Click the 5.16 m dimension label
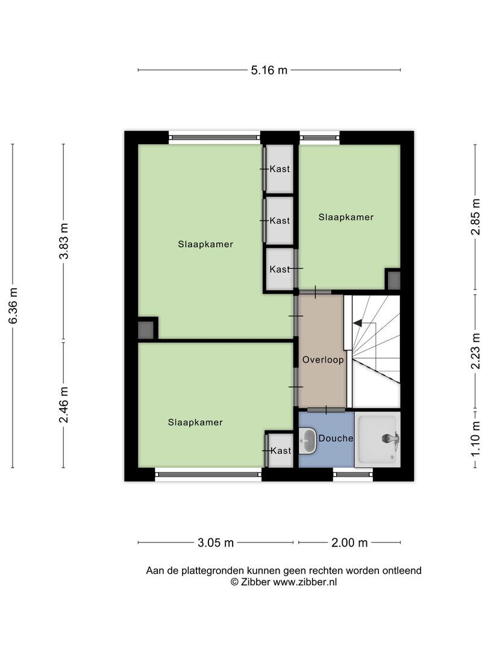click(269, 70)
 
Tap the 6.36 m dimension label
click(13, 306)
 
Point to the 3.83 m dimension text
click(63, 241)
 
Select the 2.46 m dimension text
click(63, 405)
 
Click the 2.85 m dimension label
click(475, 217)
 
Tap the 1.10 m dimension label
click(475, 438)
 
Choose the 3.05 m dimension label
click(215, 542)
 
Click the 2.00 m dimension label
click(349, 542)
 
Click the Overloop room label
click(323, 359)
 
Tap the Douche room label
click(336, 438)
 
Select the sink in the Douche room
click(307, 441)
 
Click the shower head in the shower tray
click(390, 438)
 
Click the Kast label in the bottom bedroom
click(281, 450)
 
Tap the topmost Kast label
click(280, 169)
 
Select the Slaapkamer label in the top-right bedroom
click(346, 217)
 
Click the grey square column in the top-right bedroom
click(393, 280)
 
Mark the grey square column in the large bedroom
click(146, 330)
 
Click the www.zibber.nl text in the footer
click(305, 582)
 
